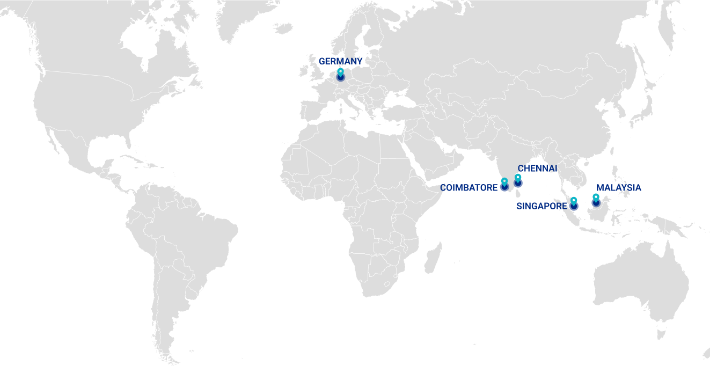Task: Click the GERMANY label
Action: (340, 61)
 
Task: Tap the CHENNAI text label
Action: (537, 169)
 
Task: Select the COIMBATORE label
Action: (469, 188)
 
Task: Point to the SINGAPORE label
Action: (541, 206)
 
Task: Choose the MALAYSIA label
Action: (618, 188)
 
